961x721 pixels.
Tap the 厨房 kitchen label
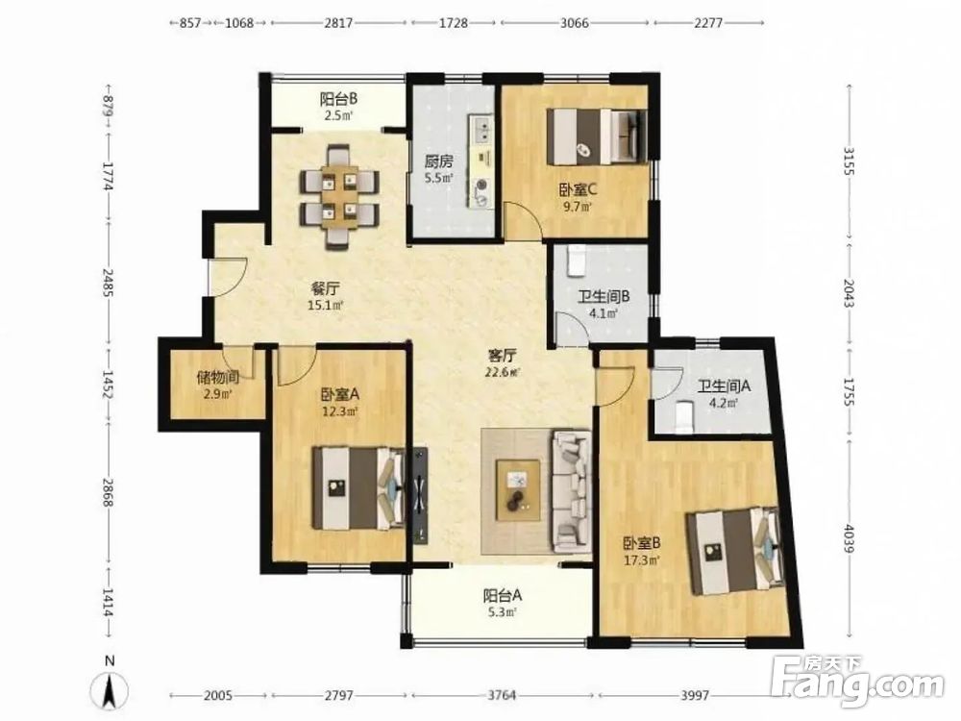[439, 162]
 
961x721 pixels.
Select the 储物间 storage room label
[217, 377]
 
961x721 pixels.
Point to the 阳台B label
[339, 98]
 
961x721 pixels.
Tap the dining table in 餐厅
[339, 196]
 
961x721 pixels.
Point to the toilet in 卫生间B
[577, 260]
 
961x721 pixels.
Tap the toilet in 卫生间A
[683, 417]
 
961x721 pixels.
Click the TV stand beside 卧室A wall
[420, 495]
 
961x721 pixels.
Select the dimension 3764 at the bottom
[502, 695]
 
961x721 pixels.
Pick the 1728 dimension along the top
[454, 23]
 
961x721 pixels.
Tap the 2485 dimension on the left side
[109, 284]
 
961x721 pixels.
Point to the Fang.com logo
[857, 682]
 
